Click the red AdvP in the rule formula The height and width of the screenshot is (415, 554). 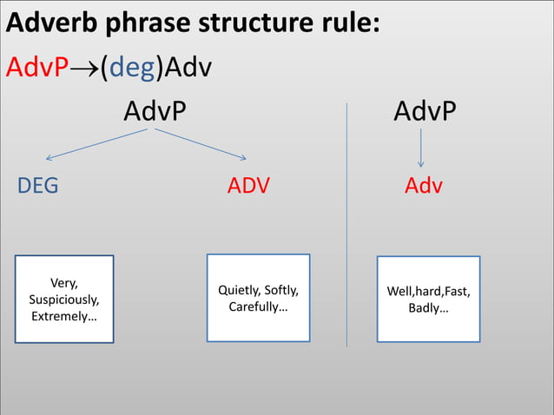[36, 67]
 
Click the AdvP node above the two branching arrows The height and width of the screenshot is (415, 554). [154, 111]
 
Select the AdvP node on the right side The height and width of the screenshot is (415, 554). [425, 111]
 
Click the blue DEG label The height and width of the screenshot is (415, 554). [38, 186]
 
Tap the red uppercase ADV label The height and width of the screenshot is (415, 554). [248, 186]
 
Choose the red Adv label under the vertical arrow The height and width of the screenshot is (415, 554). [424, 186]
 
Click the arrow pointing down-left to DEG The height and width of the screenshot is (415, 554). [96, 145]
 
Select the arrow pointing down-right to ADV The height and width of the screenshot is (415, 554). [201, 145]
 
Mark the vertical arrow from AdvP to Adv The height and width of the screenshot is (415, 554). [421, 148]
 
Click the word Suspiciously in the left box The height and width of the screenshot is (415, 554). [64, 300]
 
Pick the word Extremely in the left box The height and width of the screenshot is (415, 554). [64, 317]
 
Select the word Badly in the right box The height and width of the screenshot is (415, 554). [428, 308]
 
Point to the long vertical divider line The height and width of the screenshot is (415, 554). [346, 226]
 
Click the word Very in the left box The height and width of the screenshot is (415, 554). [64, 282]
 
